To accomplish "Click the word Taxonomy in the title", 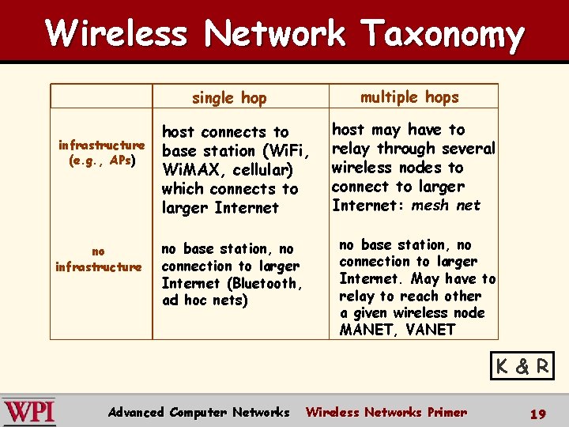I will [x=443, y=35].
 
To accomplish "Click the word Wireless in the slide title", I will [x=117, y=33].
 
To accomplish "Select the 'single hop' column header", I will [x=229, y=98].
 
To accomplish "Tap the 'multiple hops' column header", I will [x=409, y=97].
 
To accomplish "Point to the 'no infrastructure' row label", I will [x=98, y=259].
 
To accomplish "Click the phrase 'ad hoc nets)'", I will [x=205, y=300].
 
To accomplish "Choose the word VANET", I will [x=430, y=330].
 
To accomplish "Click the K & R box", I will [x=522, y=366].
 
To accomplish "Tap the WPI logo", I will [x=28, y=411].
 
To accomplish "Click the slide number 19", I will [x=537, y=414].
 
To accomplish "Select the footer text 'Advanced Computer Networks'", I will [x=198, y=412].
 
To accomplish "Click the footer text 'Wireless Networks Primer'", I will [x=386, y=412].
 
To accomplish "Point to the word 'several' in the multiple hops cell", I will [x=469, y=149].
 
